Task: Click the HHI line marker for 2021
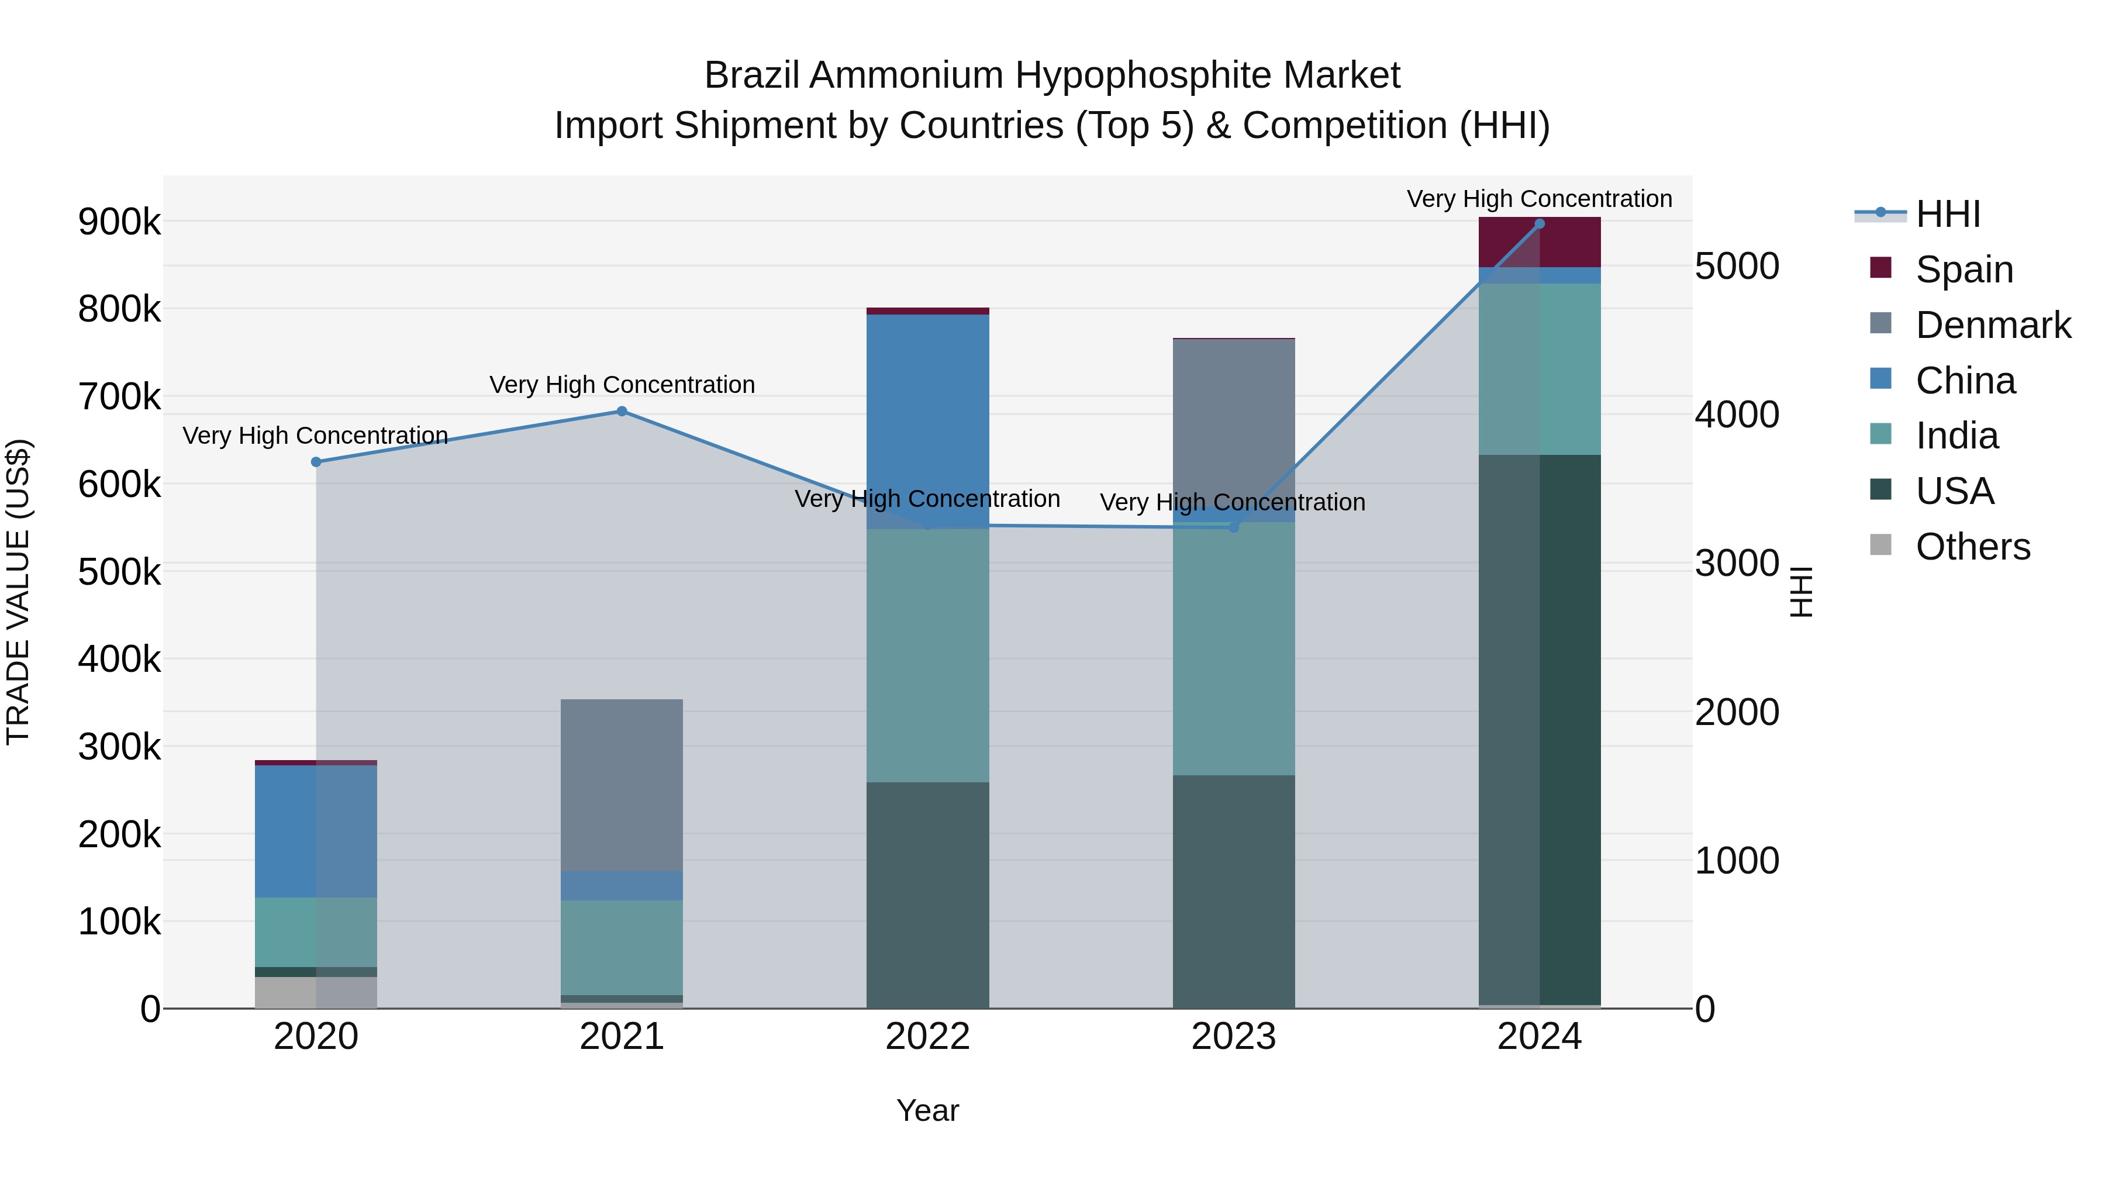pos(622,411)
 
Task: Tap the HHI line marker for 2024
pos(1540,223)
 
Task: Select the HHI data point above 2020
pos(316,462)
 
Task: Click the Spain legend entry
pos(1963,269)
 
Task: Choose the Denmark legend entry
pos(1992,325)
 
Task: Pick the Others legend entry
pos(1972,546)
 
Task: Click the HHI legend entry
pos(1947,214)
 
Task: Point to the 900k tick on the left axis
pos(119,222)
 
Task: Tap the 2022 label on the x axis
pos(927,1036)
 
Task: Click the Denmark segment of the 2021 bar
pos(622,785)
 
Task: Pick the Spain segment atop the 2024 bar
pos(1540,242)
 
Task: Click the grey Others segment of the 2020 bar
pos(316,992)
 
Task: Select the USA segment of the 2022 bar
pos(927,895)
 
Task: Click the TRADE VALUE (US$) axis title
pos(18,592)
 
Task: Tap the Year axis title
pos(927,1110)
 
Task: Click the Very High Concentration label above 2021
pos(622,384)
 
